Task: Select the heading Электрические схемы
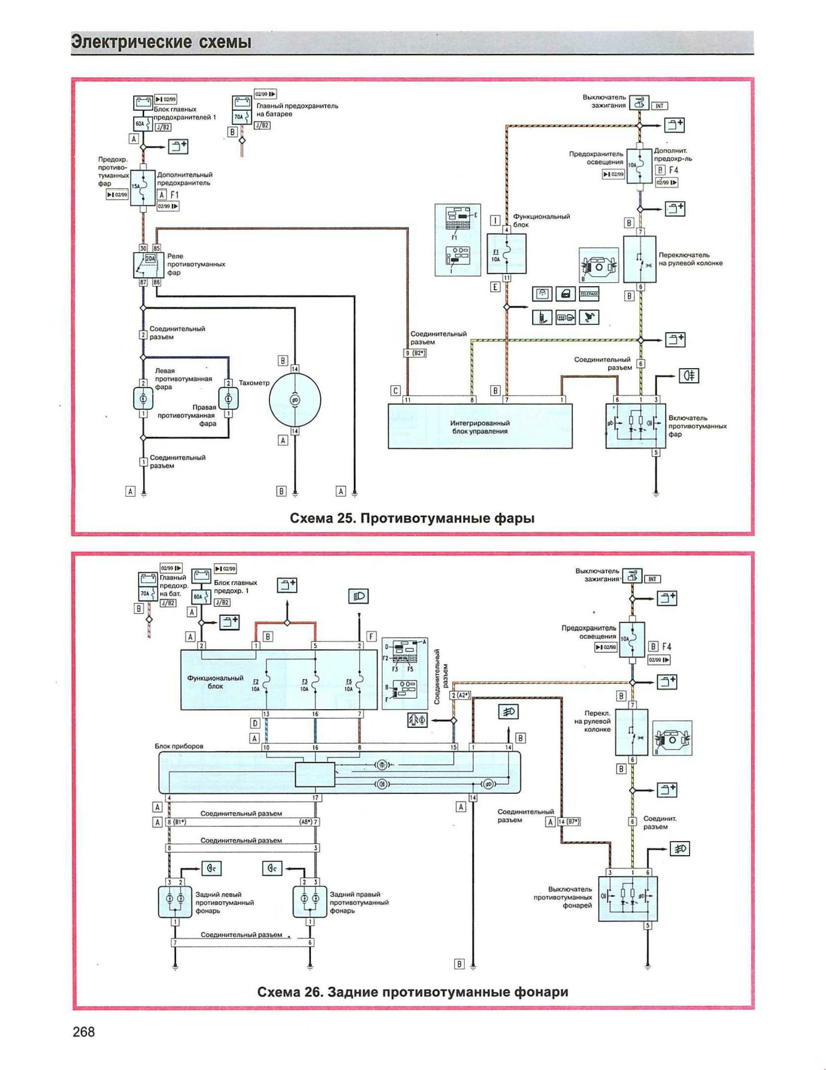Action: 162,42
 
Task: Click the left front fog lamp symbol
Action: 143,399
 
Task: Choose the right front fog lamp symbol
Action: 228,399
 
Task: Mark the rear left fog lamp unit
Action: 175,902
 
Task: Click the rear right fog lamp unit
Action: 309,902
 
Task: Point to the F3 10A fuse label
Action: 305,685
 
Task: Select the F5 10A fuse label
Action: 348,685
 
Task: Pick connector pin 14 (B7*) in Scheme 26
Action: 568,822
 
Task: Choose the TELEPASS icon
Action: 589,294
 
